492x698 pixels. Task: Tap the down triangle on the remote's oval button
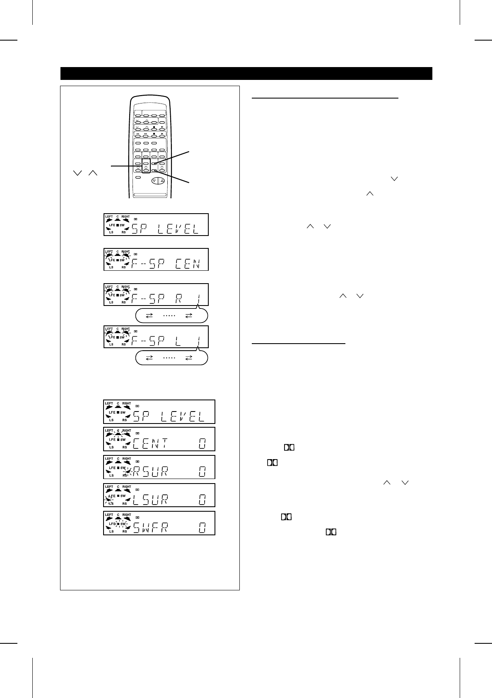pyautogui.click(x=154, y=181)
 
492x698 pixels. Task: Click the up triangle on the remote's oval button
pyautogui.click(x=162, y=181)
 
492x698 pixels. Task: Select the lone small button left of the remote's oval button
pyautogui.click(x=138, y=178)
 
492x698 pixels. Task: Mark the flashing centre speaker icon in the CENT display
pyautogui.click(x=118, y=435)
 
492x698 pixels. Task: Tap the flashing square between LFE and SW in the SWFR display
pyautogui.click(x=118, y=524)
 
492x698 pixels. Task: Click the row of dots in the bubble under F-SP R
pyautogui.click(x=169, y=315)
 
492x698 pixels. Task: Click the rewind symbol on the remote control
pyautogui.click(x=138, y=133)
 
